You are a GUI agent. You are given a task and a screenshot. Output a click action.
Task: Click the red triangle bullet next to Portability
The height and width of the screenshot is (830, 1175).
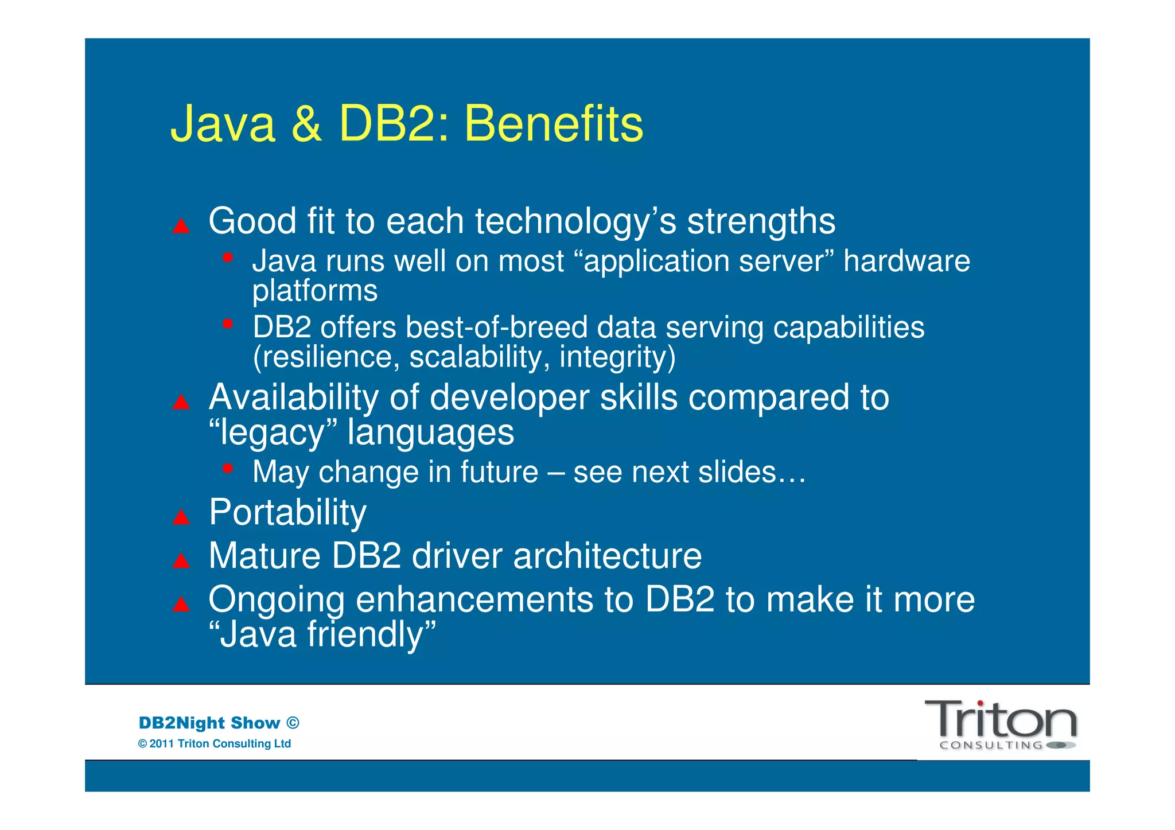click(x=181, y=517)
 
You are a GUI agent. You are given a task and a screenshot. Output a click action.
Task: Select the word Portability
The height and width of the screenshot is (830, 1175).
click(x=287, y=512)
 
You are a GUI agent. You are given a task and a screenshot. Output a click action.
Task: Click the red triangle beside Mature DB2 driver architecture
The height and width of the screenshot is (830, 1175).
click(x=181, y=560)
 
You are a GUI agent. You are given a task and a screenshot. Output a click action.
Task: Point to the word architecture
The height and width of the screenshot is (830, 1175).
click(x=607, y=556)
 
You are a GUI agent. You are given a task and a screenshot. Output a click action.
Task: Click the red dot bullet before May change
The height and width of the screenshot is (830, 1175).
click(x=228, y=469)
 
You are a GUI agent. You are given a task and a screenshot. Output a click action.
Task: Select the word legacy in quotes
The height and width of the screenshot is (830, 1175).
click(x=273, y=432)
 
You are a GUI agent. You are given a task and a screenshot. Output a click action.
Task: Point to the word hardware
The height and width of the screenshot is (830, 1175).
click(x=906, y=261)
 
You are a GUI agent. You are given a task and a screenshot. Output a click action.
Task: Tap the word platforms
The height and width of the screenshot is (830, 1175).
click(x=315, y=291)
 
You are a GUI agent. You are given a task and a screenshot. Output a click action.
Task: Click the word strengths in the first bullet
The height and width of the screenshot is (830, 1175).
click(x=761, y=221)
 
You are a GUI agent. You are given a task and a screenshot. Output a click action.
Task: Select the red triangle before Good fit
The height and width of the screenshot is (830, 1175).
click(x=181, y=226)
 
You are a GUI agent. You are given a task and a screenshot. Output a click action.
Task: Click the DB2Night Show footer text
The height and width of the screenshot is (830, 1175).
click(x=219, y=723)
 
